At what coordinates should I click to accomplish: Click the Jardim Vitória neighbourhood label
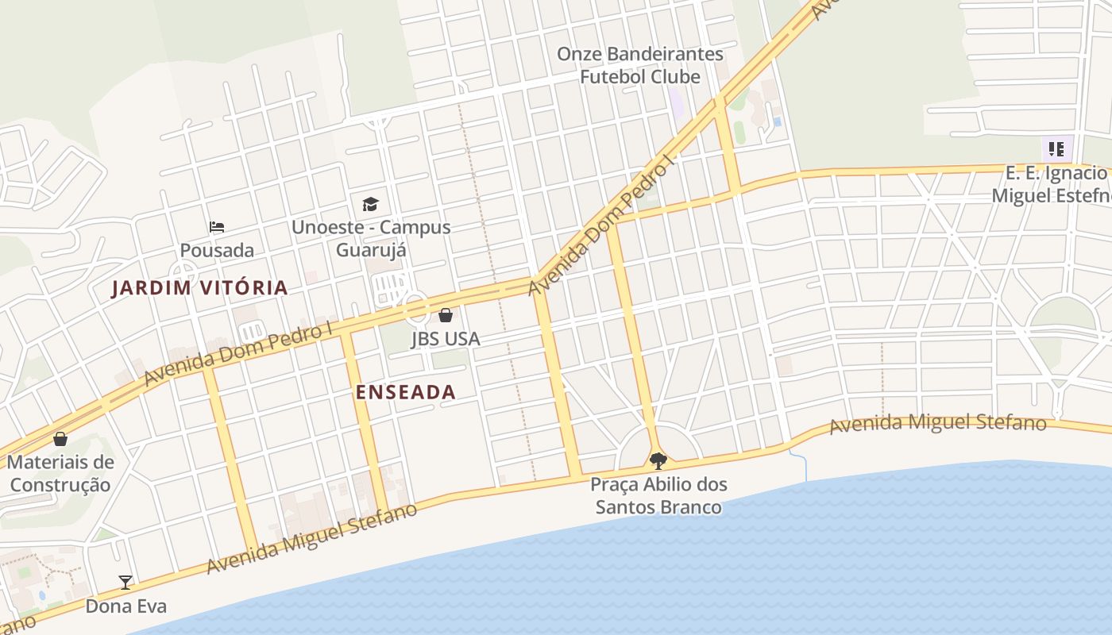(x=199, y=288)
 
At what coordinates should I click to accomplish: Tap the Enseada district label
(x=405, y=392)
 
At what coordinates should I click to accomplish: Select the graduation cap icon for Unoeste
(x=370, y=205)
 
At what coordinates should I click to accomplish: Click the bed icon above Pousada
(x=217, y=227)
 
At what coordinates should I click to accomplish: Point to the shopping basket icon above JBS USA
(x=446, y=315)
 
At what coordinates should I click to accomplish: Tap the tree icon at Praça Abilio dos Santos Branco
(x=658, y=460)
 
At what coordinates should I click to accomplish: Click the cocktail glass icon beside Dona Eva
(x=125, y=583)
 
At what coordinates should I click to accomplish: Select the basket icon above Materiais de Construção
(x=60, y=439)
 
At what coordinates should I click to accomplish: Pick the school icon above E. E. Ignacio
(x=1056, y=148)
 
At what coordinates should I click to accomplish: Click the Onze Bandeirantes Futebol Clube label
(x=640, y=65)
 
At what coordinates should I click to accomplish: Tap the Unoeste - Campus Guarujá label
(x=371, y=238)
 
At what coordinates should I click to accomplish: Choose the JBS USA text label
(x=446, y=339)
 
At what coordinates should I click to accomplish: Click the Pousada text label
(x=217, y=251)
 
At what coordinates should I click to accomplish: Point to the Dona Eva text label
(x=126, y=606)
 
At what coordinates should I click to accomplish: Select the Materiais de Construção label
(x=60, y=473)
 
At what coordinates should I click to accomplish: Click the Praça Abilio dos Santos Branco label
(x=658, y=495)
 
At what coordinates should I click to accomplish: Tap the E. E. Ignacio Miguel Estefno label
(x=1056, y=184)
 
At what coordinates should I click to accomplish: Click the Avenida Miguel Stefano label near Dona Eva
(x=311, y=538)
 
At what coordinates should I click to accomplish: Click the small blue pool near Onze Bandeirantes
(x=777, y=121)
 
